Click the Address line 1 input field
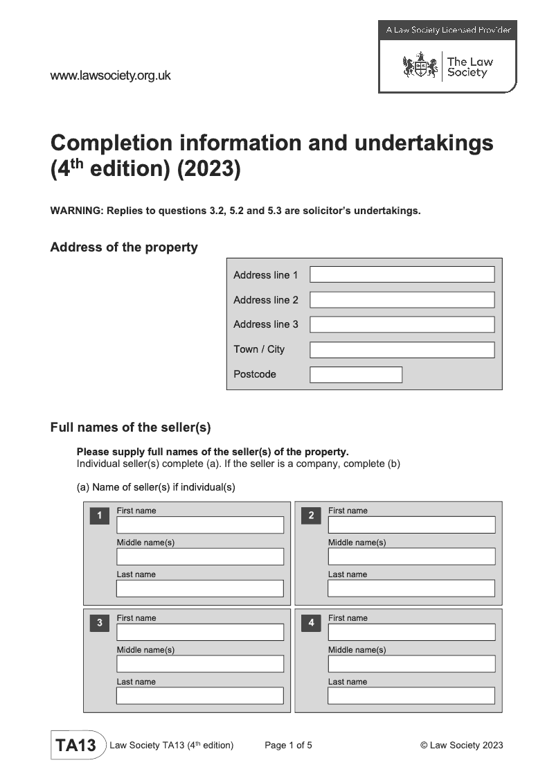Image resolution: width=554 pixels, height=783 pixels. (402, 274)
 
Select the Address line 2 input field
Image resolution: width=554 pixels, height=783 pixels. (402, 299)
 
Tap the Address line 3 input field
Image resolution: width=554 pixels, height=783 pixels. (402, 324)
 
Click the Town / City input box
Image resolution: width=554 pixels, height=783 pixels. (402, 349)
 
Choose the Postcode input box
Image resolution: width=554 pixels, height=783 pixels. (355, 375)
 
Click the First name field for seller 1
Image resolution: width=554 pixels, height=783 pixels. (199, 525)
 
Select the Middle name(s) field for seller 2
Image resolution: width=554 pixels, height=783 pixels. (411, 556)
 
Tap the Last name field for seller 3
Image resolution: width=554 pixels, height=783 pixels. (199, 696)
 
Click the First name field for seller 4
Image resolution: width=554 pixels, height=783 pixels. (411, 632)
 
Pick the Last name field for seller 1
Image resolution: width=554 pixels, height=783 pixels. (199, 588)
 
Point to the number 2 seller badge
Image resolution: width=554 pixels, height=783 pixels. (311, 516)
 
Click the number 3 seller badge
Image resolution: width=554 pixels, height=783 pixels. (100, 623)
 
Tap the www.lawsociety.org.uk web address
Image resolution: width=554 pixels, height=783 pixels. (110, 76)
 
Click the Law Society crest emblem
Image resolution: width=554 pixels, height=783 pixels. (420, 67)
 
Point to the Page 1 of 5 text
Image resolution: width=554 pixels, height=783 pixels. (288, 746)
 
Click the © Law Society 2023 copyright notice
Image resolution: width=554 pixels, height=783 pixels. (461, 746)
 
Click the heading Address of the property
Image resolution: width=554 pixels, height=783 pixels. (124, 247)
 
